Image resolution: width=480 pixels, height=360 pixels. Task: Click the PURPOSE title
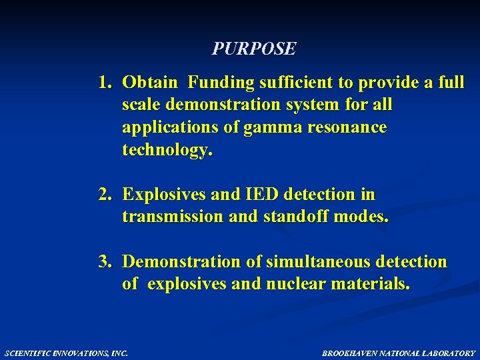254,49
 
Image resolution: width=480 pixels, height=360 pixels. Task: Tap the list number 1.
105,83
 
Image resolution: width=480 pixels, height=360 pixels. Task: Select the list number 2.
105,195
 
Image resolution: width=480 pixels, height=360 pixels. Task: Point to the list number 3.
105,262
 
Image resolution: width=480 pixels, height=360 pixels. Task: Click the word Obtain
150,83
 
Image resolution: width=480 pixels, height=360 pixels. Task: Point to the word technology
167,150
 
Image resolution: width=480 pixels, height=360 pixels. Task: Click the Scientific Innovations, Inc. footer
65,353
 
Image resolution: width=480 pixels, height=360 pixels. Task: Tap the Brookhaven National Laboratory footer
399,353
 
